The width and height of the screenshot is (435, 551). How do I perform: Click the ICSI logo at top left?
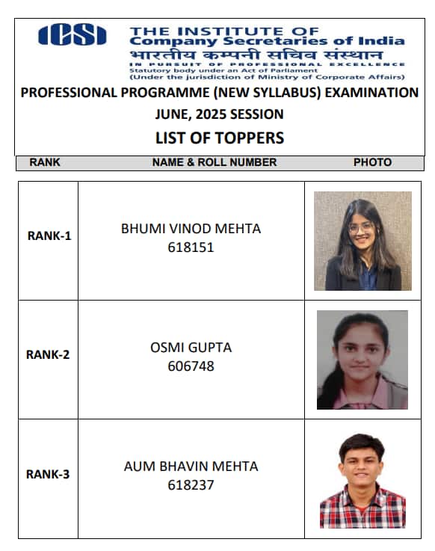click(72, 34)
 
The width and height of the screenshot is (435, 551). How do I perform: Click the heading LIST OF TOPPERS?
click(220, 138)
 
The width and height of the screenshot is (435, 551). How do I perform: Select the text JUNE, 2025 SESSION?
click(219, 114)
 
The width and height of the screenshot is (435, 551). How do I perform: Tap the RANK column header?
click(45, 162)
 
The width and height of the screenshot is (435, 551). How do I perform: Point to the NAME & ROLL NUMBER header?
click(215, 162)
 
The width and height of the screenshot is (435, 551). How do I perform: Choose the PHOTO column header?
click(372, 162)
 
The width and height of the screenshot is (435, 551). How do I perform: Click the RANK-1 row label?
click(49, 236)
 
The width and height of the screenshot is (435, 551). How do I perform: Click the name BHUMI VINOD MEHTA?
click(191, 229)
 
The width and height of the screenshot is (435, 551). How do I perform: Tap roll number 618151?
click(191, 247)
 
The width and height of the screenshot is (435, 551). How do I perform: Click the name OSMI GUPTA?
click(191, 348)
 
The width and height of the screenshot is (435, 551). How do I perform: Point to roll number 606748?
click(191, 366)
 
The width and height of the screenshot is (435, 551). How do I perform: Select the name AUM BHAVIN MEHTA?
click(191, 467)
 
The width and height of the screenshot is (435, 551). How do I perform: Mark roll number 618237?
click(191, 484)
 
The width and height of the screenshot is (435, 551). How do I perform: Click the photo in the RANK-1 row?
click(362, 241)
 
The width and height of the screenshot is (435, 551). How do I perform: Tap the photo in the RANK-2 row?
click(362, 360)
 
